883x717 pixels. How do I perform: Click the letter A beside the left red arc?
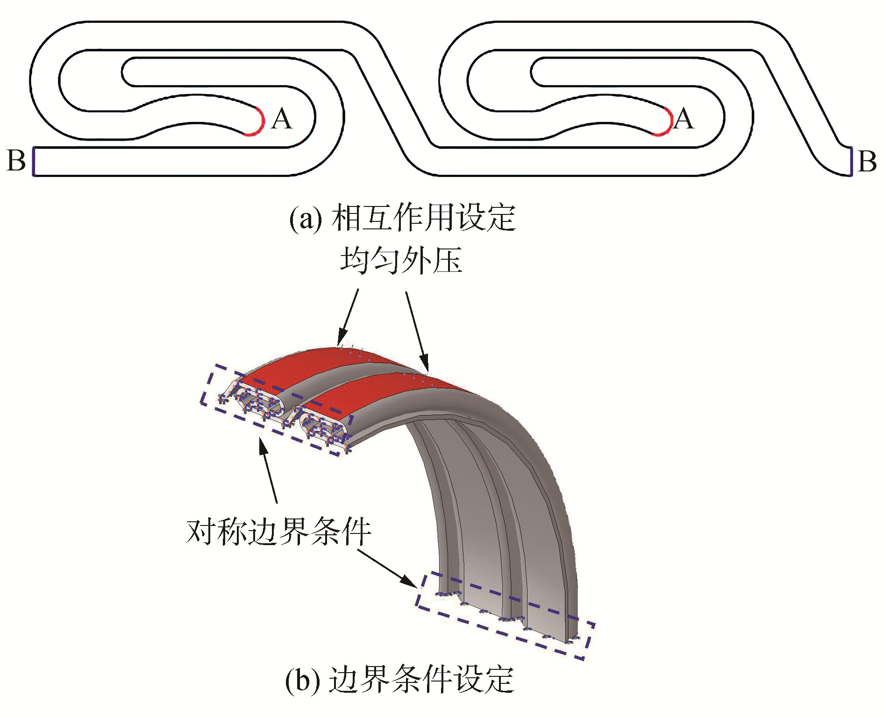(282, 119)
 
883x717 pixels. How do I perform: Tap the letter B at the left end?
(16, 161)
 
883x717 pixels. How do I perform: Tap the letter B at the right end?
(867, 162)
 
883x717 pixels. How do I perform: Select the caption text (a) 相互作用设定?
(402, 218)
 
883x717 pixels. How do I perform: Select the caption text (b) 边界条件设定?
(399, 680)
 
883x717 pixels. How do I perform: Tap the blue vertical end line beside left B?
(34, 162)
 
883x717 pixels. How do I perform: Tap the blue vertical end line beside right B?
(851, 162)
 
